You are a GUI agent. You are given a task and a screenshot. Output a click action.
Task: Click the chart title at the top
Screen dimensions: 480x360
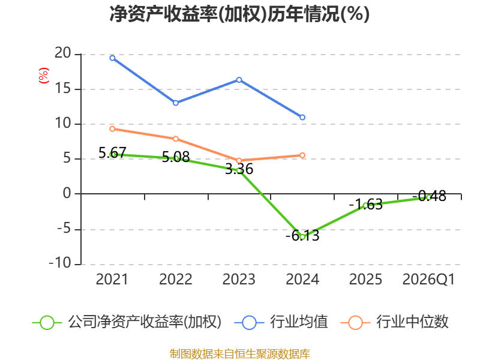tap(239, 14)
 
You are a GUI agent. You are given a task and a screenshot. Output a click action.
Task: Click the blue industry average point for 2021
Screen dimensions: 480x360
tap(112, 58)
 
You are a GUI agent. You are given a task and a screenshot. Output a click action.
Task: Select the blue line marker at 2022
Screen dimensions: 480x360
tap(176, 103)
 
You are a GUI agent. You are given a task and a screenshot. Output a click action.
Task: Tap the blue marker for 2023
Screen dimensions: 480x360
tap(239, 80)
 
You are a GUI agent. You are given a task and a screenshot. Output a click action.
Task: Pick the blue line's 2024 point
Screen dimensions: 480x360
tap(302, 117)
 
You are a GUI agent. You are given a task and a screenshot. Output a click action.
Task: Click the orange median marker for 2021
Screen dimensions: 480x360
tap(112, 129)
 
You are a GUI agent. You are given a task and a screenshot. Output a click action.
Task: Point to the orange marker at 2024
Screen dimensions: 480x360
tap(302, 155)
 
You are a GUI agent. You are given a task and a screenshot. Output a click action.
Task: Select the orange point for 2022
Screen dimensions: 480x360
tap(176, 139)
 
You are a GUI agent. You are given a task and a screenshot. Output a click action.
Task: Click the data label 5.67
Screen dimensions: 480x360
tap(112, 152)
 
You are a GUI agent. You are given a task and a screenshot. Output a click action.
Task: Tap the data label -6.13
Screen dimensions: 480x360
tap(302, 235)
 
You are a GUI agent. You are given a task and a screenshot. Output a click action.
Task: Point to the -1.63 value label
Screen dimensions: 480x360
tap(366, 204)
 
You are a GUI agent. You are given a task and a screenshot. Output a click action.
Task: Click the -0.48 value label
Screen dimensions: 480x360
tap(429, 196)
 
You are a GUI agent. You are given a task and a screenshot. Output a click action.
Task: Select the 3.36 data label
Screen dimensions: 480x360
tap(239, 169)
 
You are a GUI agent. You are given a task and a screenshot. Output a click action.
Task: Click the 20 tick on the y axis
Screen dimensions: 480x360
tap(63, 53)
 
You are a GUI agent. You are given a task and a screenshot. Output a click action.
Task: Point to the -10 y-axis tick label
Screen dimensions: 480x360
tap(60, 263)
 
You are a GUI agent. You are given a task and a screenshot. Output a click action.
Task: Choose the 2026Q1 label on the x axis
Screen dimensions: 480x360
tap(428, 279)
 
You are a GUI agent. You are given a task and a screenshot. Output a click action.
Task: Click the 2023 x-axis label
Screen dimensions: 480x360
tap(239, 279)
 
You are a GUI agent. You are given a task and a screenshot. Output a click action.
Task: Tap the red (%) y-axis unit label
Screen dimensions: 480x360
tap(43, 76)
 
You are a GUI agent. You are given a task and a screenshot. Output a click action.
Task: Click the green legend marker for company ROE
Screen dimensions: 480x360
tap(47, 323)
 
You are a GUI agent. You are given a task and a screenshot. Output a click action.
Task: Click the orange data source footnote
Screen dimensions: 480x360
tap(240, 353)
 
